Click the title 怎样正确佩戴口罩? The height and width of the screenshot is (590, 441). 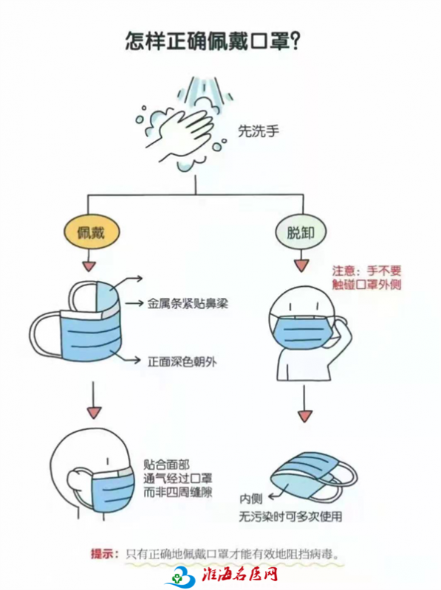(213, 41)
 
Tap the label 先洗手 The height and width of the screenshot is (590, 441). (259, 131)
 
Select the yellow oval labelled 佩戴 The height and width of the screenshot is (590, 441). (92, 232)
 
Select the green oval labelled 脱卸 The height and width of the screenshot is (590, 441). (301, 232)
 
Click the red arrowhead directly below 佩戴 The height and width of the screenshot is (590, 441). (89, 266)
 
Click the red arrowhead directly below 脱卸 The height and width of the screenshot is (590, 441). (301, 265)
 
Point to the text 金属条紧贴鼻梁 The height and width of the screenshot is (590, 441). (188, 304)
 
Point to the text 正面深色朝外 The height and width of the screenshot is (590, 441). (182, 361)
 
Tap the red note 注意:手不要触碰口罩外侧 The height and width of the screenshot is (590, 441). (366, 277)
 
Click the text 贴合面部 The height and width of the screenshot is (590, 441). (166, 465)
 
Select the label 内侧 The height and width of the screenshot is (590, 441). (251, 499)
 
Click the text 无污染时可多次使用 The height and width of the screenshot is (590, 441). (290, 517)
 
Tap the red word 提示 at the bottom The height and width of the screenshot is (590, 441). (102, 555)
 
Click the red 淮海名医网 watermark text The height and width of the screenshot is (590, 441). (240, 575)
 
